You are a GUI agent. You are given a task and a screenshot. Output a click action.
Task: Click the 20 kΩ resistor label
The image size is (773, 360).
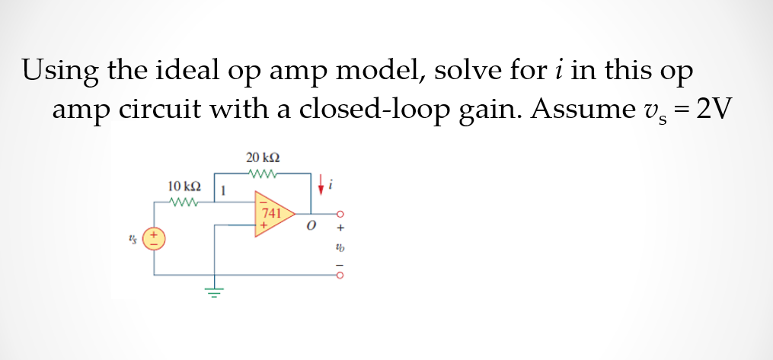pyautogui.click(x=263, y=158)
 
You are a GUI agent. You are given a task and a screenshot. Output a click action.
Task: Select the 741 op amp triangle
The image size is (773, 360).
pyautogui.click(x=270, y=214)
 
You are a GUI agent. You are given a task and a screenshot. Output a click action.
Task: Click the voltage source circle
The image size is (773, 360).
pyautogui.click(x=155, y=237)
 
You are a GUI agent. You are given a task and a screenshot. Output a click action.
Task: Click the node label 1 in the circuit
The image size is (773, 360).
pyautogui.click(x=222, y=191)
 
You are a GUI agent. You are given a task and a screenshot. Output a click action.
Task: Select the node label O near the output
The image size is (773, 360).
pyautogui.click(x=311, y=228)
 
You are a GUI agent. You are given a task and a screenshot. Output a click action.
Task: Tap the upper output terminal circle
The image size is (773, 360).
pyautogui.click(x=340, y=214)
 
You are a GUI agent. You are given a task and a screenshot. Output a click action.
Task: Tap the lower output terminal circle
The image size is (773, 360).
pyautogui.click(x=340, y=276)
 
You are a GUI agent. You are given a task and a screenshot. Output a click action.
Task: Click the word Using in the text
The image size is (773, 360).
pyautogui.click(x=60, y=72)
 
